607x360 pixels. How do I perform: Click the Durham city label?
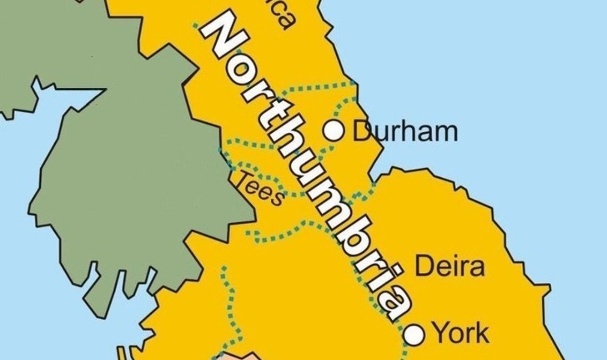click(x=405, y=131)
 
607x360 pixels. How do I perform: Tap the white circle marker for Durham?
click(x=334, y=130)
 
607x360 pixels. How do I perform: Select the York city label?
click(x=460, y=333)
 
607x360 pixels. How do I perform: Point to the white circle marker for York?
click(x=415, y=335)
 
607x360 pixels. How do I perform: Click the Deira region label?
click(x=450, y=266)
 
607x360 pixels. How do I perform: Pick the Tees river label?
click(x=260, y=188)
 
